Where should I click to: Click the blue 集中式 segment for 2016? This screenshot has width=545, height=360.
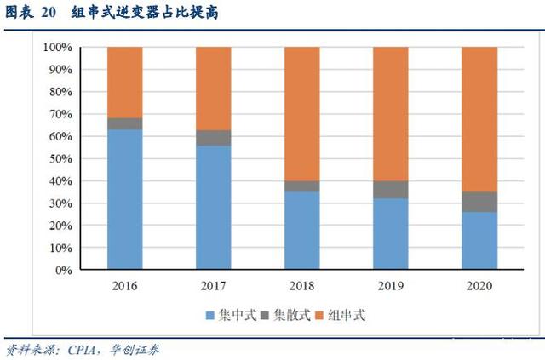[124, 199]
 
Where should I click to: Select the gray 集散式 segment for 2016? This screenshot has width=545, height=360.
[124, 123]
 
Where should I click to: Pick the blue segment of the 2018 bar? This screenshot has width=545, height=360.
[301, 231]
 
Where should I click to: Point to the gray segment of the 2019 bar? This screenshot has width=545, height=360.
[390, 189]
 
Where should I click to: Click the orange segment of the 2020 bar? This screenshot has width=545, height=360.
[479, 119]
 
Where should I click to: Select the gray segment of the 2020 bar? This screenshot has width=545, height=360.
[479, 202]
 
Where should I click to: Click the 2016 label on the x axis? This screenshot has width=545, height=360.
[124, 286]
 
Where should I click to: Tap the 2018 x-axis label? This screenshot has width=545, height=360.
[301, 286]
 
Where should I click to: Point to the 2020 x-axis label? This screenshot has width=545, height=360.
[479, 286]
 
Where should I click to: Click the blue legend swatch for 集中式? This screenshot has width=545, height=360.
[209, 316]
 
